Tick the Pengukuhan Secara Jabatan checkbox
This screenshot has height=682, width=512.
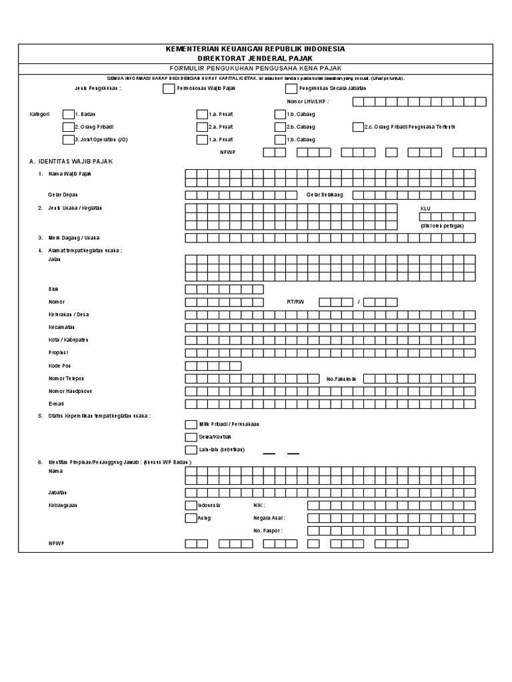[x=291, y=88]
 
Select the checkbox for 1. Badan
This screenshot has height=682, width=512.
[x=67, y=114]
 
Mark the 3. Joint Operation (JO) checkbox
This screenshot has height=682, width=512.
[x=67, y=139]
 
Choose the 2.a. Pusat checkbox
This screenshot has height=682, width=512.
[x=202, y=127]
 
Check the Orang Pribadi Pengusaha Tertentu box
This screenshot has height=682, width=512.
[x=358, y=127]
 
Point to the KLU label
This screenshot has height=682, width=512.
[x=425, y=208]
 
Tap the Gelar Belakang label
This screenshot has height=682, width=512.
[x=324, y=194]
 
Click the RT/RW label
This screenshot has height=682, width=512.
[x=295, y=302]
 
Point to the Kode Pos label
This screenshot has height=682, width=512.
[x=59, y=366]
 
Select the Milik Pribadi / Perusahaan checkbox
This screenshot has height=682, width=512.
[x=191, y=424]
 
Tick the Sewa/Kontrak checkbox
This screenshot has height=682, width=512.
[x=191, y=437]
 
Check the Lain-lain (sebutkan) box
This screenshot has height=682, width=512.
[x=191, y=450]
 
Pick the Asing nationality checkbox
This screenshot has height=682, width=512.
[x=191, y=518]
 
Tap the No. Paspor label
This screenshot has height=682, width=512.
[x=267, y=531]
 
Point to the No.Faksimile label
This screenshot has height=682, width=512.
[x=341, y=378]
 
